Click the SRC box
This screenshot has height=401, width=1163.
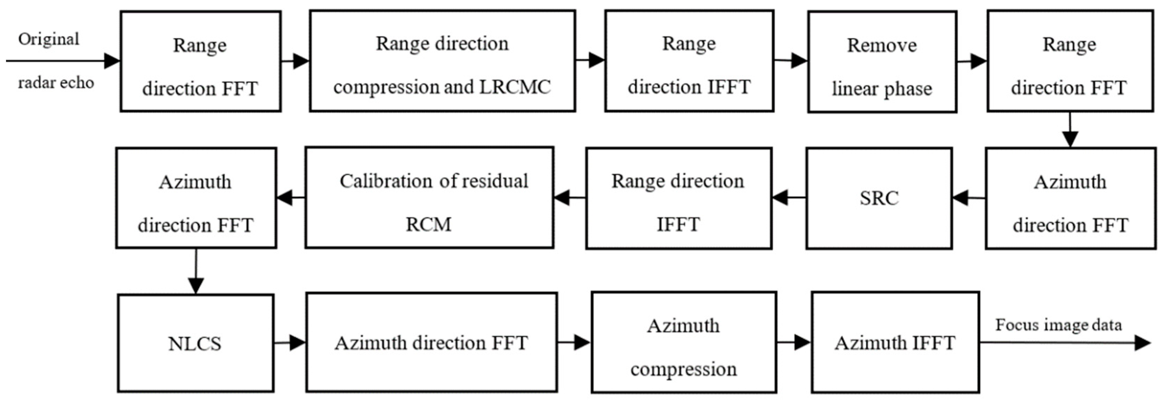click(x=879, y=198)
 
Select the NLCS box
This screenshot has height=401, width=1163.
click(x=196, y=343)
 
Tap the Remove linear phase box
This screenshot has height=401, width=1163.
click(x=882, y=62)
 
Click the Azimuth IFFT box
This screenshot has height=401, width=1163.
click(x=895, y=342)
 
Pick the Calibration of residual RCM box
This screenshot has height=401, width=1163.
click(x=430, y=198)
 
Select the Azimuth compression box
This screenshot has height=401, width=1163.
click(x=683, y=342)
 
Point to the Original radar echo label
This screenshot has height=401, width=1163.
click(x=52, y=60)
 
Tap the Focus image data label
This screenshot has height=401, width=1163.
click(x=1058, y=325)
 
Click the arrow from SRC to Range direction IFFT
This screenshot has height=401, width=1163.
click(x=788, y=198)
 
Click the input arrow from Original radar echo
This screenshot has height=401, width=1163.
click(x=63, y=60)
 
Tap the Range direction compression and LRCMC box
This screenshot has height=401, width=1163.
click(x=442, y=61)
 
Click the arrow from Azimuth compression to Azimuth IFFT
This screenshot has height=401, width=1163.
click(x=794, y=342)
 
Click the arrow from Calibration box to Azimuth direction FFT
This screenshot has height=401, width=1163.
click(x=291, y=198)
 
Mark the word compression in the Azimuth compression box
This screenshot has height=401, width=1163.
click(x=683, y=369)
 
